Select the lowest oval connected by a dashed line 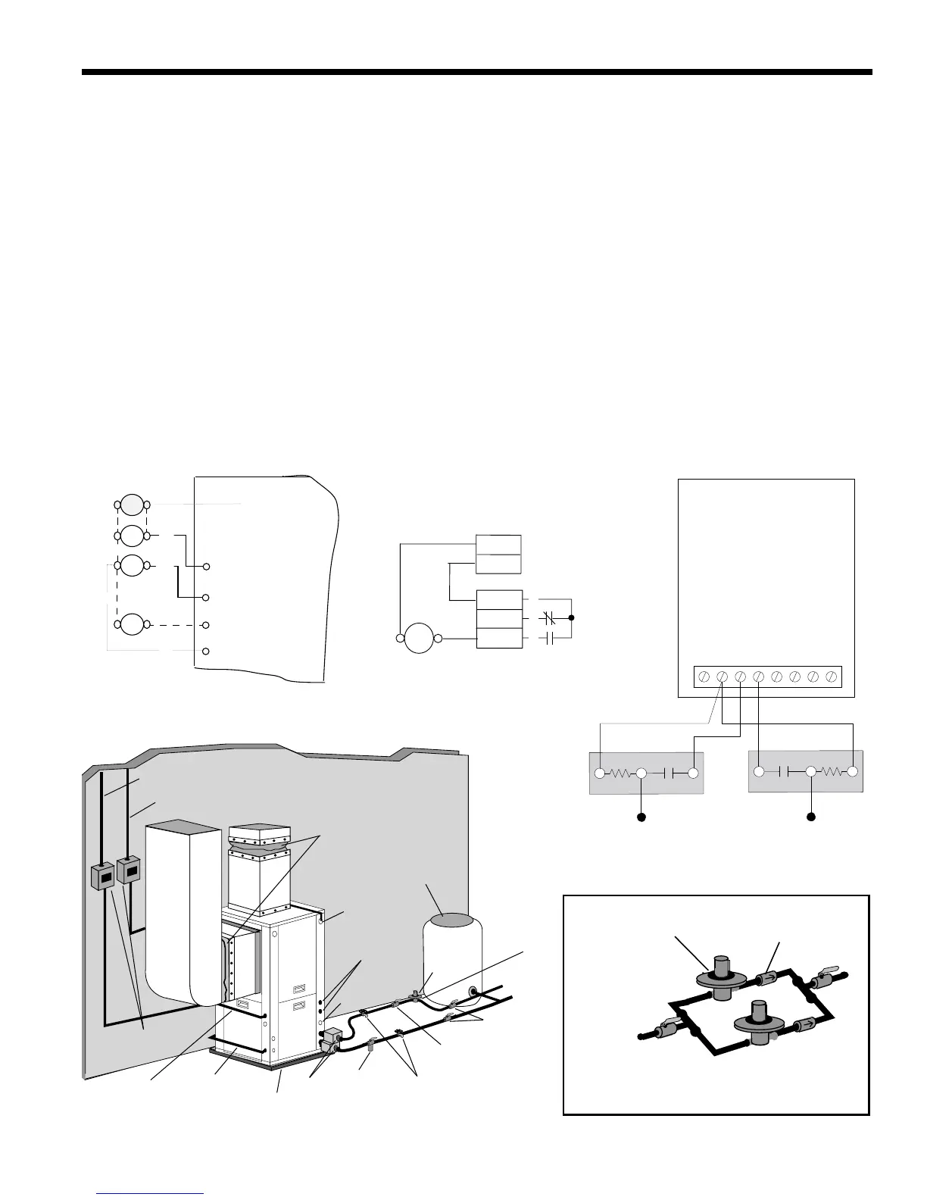pyautogui.click(x=132, y=625)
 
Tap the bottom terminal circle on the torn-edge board pyautogui.click(x=206, y=652)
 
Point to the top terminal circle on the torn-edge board pyautogui.click(x=206, y=567)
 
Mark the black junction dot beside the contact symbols pyautogui.click(x=572, y=617)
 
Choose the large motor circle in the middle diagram pyautogui.click(x=418, y=639)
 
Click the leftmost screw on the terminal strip pyautogui.click(x=704, y=676)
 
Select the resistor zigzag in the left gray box pyautogui.click(x=620, y=773)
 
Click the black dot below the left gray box pyautogui.click(x=641, y=817)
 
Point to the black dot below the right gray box pyautogui.click(x=810, y=817)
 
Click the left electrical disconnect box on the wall pyautogui.click(x=102, y=876)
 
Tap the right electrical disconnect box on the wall pyautogui.click(x=130, y=871)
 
